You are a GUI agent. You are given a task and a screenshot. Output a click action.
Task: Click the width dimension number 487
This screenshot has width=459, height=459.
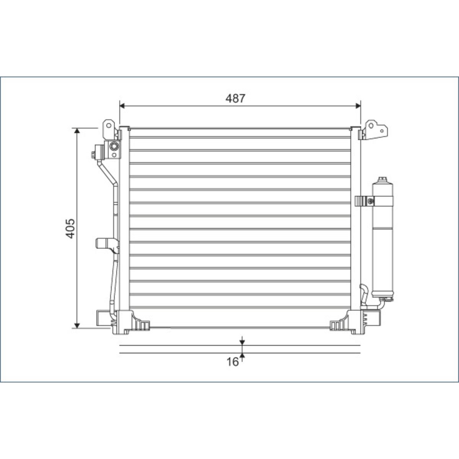pos(235,98)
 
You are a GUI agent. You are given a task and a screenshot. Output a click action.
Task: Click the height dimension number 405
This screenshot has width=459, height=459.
pos(70,228)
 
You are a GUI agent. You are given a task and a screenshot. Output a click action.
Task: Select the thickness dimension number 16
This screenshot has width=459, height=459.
pos(233,362)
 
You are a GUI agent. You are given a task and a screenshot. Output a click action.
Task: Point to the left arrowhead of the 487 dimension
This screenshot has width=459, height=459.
pos(122,106)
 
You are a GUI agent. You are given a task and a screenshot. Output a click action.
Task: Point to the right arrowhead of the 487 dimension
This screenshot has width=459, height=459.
pos(358,106)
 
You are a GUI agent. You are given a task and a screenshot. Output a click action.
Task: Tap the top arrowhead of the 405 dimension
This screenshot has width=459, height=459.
pos(77,131)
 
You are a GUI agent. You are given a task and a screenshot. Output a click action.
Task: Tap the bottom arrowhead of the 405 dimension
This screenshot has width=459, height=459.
pos(77,326)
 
